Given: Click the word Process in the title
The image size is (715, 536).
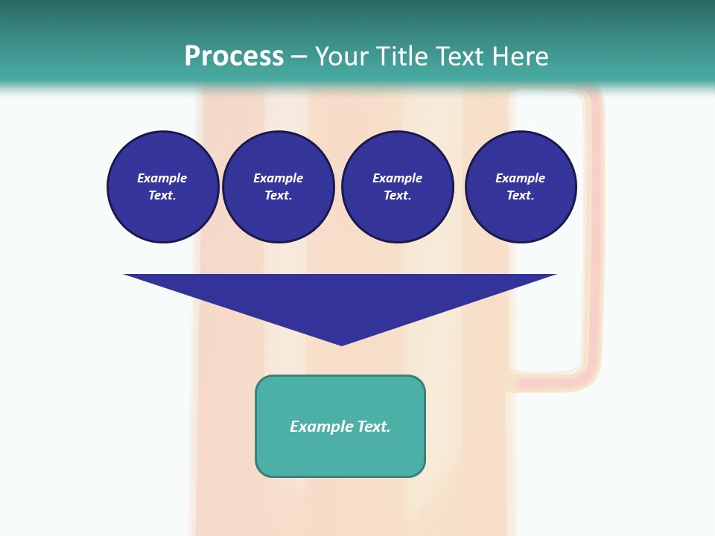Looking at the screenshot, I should (234, 57).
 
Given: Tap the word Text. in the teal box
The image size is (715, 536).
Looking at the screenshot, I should (373, 427).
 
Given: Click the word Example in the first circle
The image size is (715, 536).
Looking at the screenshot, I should (162, 179).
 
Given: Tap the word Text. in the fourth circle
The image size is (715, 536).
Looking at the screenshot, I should (520, 196).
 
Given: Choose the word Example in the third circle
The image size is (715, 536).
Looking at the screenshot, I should (397, 179).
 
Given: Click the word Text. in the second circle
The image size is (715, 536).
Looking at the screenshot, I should (278, 196).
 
